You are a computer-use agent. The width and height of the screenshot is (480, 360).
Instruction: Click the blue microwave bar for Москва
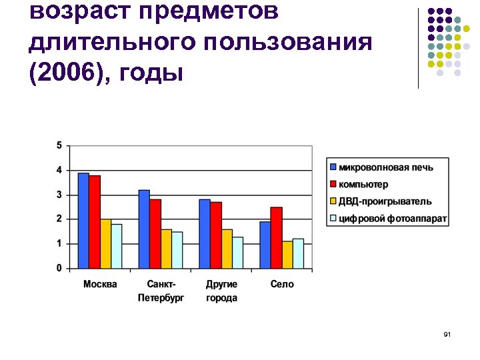pos(83,221)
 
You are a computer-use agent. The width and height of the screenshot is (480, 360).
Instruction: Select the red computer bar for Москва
pos(95,222)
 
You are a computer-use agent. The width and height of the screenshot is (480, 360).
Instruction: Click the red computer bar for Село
pos(276,238)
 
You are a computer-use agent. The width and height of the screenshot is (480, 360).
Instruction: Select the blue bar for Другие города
pos(204,234)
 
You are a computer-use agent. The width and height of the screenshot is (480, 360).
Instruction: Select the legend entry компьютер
pos(363,184)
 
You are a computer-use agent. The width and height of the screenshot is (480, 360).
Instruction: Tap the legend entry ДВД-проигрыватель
pos(385,201)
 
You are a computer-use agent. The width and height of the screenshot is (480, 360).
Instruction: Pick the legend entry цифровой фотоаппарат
pos(393,219)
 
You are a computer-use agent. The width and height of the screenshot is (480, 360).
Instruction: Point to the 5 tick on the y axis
pos(59,145)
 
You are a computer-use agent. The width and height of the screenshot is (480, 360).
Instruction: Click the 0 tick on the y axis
pos(59,268)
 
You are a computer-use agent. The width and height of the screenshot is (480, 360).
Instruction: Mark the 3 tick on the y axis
pos(59,195)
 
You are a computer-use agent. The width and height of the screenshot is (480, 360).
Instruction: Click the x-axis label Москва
pos(100,285)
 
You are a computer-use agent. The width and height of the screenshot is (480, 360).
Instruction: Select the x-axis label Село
pos(282,285)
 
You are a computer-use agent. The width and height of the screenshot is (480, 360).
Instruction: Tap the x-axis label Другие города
pos(221,291)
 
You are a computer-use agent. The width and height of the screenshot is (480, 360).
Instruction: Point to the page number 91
pos(447,333)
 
